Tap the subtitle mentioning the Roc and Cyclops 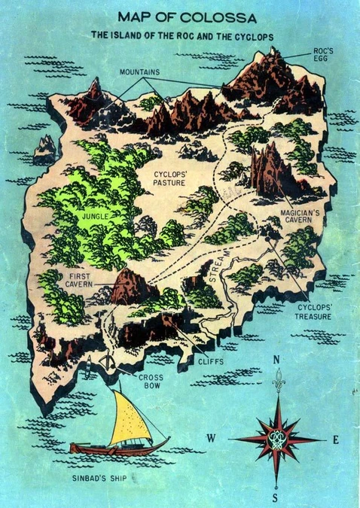tap(182, 35)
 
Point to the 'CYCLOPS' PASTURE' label tap(169, 178)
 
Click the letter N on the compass tap(276, 361)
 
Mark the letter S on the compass tap(276, 497)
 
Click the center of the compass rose tap(276, 439)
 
